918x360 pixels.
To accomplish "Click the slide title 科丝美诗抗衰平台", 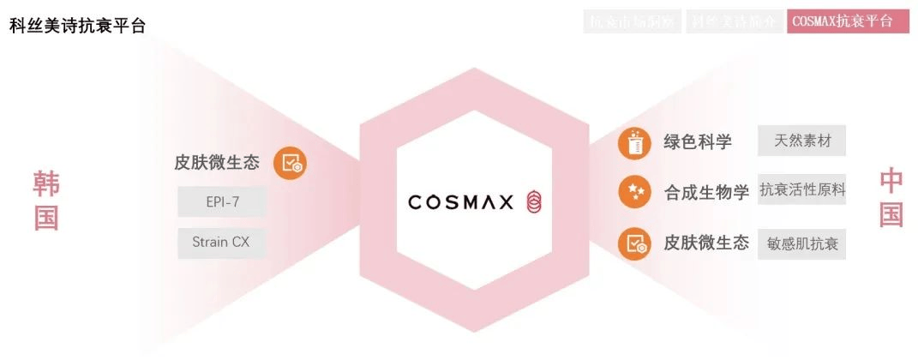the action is pos(77,25).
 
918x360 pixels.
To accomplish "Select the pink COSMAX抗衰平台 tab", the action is pos(847,21).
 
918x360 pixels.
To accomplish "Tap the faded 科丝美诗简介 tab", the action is pos(733,21).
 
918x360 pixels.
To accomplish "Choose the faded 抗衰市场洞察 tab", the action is pos(633,21).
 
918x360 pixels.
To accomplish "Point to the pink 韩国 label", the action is pos(46,201).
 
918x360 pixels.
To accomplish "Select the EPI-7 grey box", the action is pos(222,202).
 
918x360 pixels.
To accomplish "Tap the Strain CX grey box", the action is pos(222,242).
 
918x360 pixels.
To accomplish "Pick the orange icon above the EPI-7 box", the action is pos(291,163).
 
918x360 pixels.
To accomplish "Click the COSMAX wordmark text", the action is pos(460,202).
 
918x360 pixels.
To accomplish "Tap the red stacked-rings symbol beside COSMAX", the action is pos(533,202).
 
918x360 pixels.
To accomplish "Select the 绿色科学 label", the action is pos(698,142).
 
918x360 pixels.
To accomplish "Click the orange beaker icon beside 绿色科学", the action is pos(633,143).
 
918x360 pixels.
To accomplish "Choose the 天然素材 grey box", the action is pos(801,141).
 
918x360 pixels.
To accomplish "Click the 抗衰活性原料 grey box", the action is pos(802,190).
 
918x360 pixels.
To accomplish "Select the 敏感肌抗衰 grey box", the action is pos(802,244).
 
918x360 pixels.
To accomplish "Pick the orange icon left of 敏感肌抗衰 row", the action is pos(633,243).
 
